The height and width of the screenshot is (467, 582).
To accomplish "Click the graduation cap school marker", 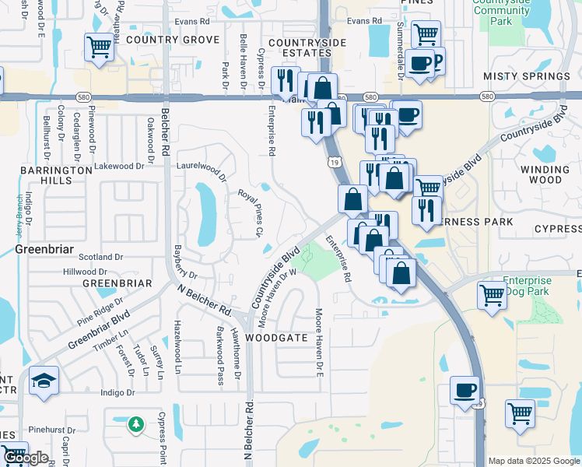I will point(44,381).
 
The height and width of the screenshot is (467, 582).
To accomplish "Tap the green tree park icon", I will point(136,424).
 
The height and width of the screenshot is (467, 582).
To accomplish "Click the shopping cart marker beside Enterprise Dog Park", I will point(493,296).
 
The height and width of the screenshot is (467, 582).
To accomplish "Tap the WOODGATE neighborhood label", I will point(272,339).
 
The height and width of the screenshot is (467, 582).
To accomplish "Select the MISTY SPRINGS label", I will point(527,76).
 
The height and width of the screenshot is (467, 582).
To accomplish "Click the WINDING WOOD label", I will point(551,174).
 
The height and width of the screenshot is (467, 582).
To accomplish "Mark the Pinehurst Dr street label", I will point(49,430).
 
